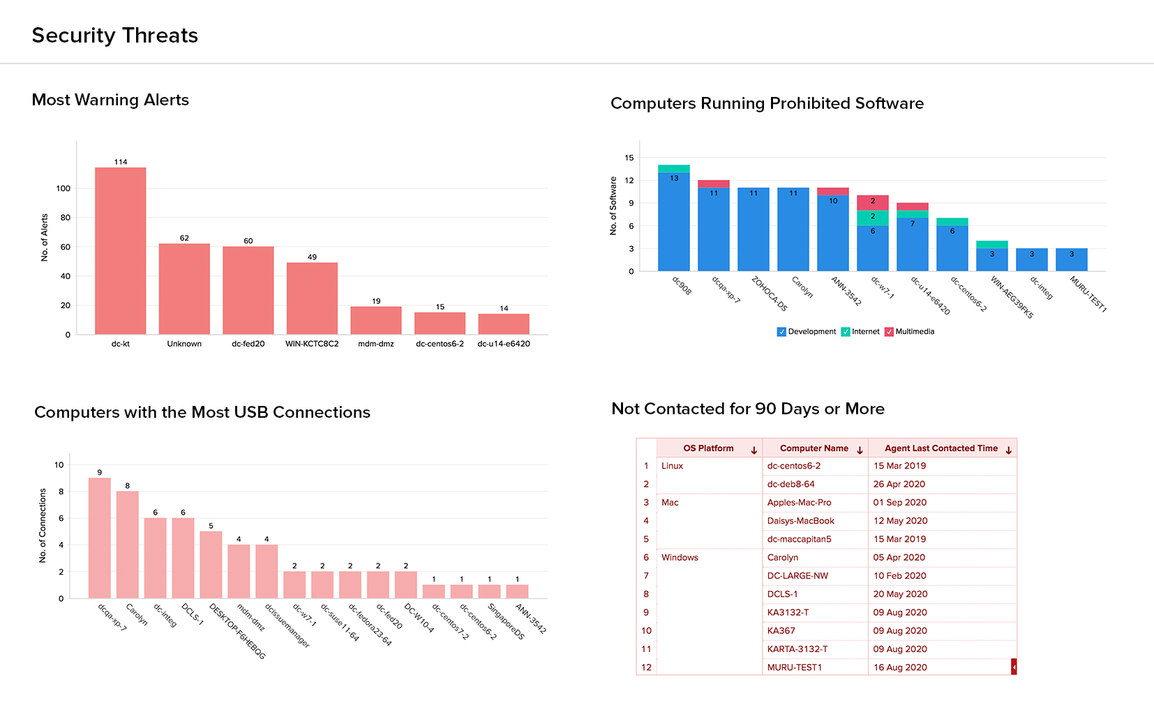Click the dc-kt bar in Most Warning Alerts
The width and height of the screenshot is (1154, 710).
[x=121, y=250]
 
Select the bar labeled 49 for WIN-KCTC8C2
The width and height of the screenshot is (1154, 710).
[x=312, y=299]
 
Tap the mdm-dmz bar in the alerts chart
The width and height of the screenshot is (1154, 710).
[x=376, y=320]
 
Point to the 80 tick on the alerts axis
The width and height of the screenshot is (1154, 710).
[x=66, y=218]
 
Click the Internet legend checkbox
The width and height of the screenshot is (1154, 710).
[x=846, y=332]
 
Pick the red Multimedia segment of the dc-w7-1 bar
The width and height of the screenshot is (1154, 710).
[x=873, y=202]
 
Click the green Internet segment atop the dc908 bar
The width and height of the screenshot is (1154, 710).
[x=674, y=169]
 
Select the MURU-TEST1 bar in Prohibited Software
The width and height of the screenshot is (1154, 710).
[x=1072, y=259]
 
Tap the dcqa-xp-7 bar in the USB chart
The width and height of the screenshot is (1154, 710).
[x=100, y=538]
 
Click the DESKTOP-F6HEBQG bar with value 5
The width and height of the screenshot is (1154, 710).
[x=211, y=565]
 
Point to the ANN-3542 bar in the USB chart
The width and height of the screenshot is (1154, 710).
[x=517, y=591]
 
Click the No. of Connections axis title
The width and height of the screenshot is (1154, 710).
[x=43, y=525]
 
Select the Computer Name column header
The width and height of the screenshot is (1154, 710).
[x=814, y=448]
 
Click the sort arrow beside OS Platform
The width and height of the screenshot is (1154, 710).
[x=754, y=451]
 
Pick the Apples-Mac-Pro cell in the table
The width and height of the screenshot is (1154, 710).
[x=799, y=503]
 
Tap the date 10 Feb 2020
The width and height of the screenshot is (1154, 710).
[x=899, y=576]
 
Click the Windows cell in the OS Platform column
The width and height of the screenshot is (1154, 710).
[x=680, y=558]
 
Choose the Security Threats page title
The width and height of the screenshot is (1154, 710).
[x=115, y=36]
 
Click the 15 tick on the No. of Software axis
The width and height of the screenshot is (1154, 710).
[x=629, y=158]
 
